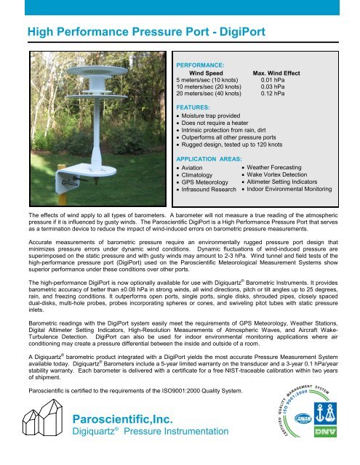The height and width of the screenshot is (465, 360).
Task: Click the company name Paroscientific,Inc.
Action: click(x=129, y=420)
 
